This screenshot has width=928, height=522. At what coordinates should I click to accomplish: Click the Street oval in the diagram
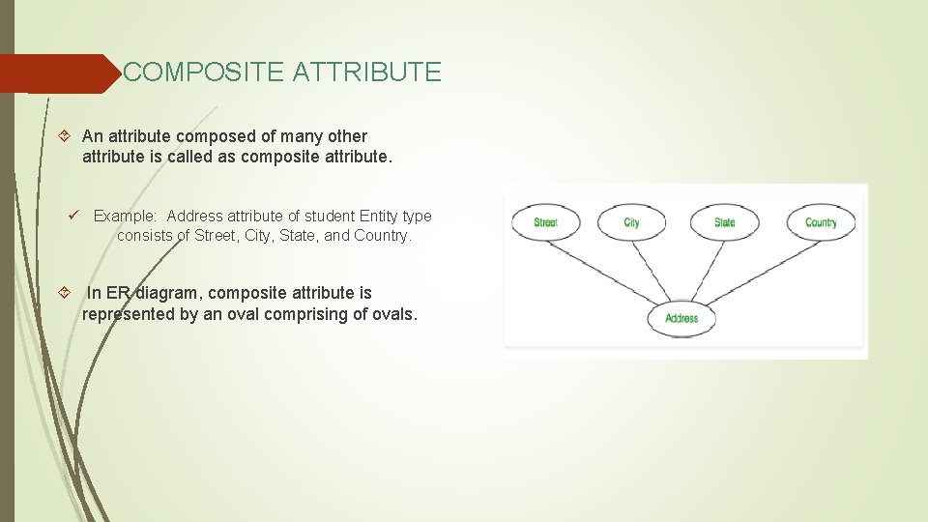click(546, 222)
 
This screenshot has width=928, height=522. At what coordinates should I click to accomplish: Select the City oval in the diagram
click(631, 222)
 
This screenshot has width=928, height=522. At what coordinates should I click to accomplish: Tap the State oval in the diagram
click(724, 222)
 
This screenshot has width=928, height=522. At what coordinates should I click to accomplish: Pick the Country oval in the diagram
click(821, 222)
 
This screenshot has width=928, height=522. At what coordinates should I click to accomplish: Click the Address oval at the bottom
click(681, 318)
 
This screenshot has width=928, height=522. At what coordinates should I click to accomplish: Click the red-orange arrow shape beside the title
click(58, 73)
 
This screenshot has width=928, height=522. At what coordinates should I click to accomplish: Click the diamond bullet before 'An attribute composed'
click(64, 136)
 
